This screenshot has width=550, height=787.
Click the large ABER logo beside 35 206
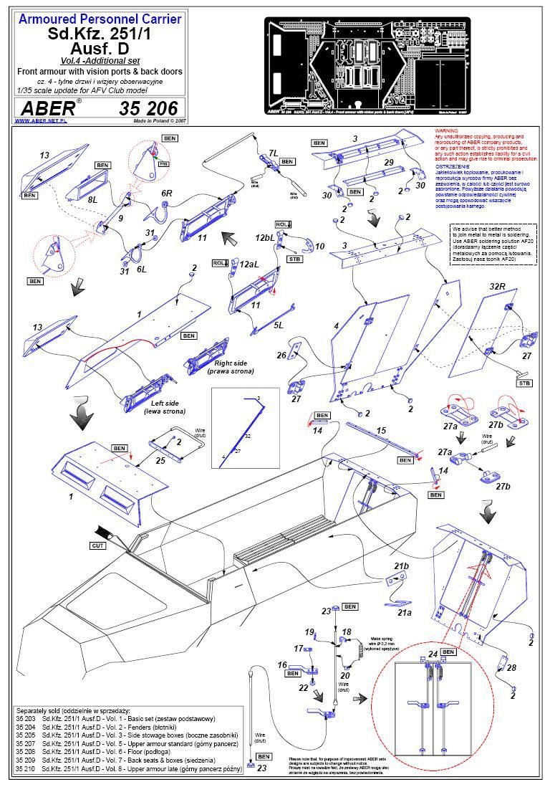click(x=49, y=108)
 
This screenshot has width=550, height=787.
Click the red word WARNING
click(x=449, y=131)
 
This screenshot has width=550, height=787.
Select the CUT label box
click(x=98, y=545)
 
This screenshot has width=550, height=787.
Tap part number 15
click(x=381, y=431)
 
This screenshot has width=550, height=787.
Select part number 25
click(x=160, y=460)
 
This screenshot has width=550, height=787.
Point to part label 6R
click(x=166, y=194)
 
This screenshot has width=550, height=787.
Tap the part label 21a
click(x=405, y=593)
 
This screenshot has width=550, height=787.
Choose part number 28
click(x=512, y=668)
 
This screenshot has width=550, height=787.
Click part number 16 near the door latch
click(x=282, y=666)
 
